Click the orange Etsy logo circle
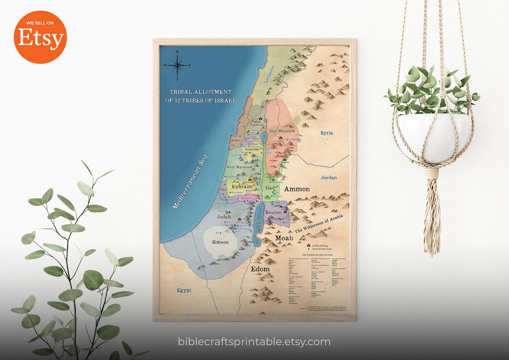[40, 37]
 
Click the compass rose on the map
[177, 65]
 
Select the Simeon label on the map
[220, 242]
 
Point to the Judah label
[224, 217]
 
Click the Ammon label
[297, 189]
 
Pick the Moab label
[284, 238]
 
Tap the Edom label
[260, 269]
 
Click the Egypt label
[184, 290]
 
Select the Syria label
[327, 133]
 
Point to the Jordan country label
[329, 177]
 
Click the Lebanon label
[270, 74]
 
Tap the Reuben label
[274, 212]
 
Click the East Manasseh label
[282, 131]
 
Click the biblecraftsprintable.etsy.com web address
[254, 342]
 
